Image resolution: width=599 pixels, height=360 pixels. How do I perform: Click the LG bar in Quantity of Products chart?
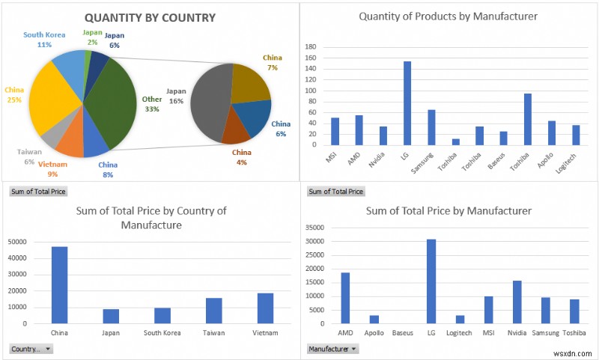[x=407, y=103]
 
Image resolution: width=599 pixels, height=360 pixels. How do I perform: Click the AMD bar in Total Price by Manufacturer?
[x=345, y=297]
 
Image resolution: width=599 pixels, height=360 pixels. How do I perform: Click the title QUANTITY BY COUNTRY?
[x=150, y=17]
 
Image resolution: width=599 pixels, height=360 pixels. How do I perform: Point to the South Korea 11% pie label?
[x=43, y=40]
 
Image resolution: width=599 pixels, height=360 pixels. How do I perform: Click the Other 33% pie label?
[x=152, y=104]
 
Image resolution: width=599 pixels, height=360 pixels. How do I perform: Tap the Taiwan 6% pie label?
[x=30, y=156]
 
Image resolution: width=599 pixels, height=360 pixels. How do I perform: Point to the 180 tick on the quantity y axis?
[x=311, y=46]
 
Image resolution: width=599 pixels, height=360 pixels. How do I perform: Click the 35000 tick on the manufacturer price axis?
[x=316, y=228]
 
